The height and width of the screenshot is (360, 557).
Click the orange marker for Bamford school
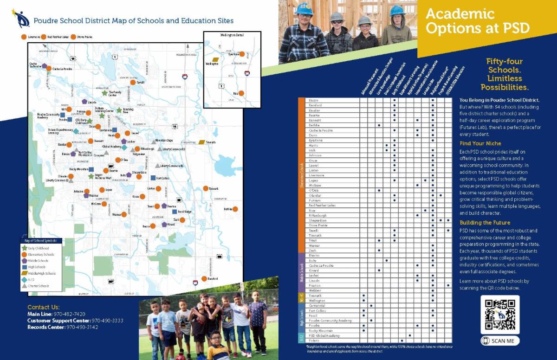pos(204,279)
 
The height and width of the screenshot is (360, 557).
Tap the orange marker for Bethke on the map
pos(235,209)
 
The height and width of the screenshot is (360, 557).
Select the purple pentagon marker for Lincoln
pos(84,102)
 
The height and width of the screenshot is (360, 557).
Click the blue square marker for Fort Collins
pos(153,178)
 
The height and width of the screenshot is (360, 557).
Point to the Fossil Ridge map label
pos(184,212)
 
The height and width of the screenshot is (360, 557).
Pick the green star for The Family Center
pos(105,93)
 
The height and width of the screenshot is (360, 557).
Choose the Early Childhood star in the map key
pos(24,248)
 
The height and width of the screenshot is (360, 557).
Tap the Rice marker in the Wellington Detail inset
pos(241,93)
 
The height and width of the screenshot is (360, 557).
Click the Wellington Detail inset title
pos(232,35)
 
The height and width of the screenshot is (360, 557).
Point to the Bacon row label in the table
pos(313,100)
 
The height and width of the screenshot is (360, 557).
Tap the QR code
pos(500,314)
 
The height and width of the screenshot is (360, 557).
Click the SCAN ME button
pos(500,341)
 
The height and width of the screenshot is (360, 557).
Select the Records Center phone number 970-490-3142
pos(82,327)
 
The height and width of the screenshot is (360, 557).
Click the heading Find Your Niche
pos(480,144)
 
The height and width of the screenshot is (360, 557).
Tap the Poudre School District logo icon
pos(20,19)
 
